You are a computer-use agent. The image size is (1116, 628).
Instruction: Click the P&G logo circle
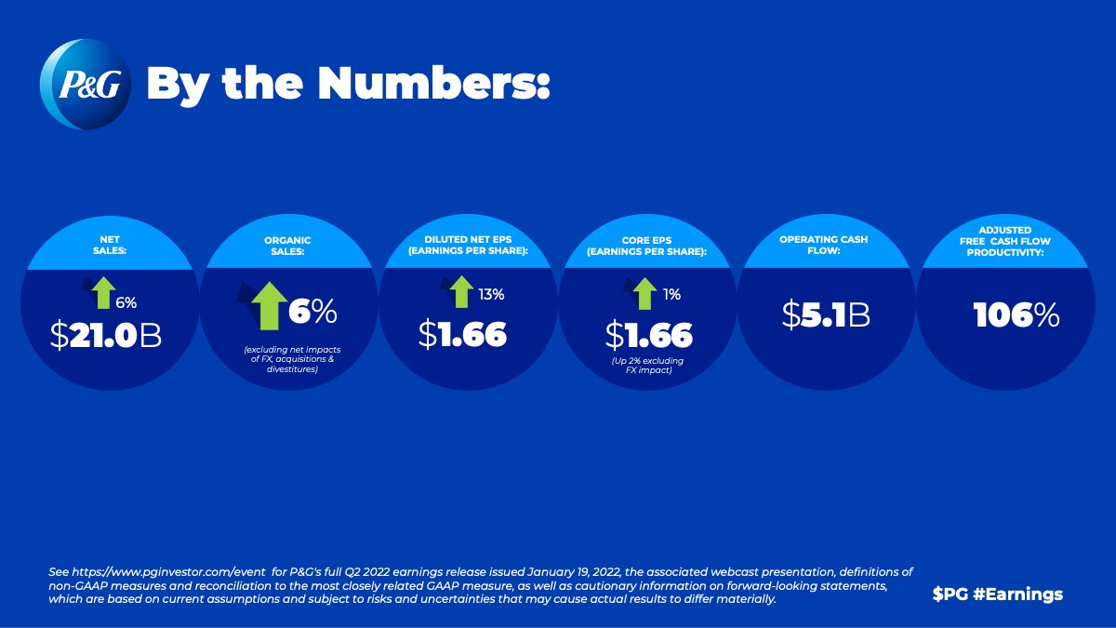pos(86,86)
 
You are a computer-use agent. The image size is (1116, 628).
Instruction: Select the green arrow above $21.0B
pos(102,292)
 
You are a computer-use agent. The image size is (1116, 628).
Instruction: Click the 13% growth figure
pos(491,294)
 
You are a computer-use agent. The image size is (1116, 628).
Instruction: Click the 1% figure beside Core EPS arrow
pos(671,294)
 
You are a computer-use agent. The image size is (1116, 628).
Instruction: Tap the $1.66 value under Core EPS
pos(648,334)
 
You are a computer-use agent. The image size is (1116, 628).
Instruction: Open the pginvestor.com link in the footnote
pos(147,570)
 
